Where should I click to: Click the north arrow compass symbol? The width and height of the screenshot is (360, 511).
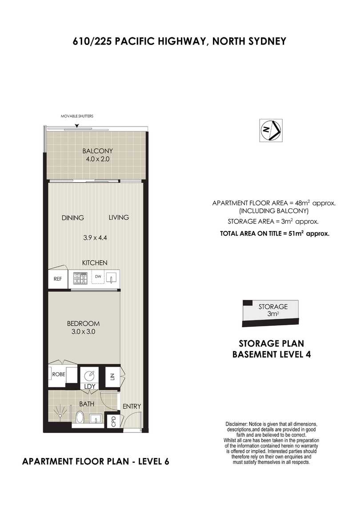[271, 130]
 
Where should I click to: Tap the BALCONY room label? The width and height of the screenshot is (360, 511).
[97, 151]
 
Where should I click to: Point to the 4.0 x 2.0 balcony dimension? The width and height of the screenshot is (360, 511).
[97, 160]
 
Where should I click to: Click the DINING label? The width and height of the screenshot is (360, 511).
[73, 218]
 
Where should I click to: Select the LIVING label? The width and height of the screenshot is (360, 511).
[119, 217]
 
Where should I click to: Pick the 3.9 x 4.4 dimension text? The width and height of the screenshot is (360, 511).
[95, 238]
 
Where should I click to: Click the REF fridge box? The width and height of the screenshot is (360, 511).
[58, 279]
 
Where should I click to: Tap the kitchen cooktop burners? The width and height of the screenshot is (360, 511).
[80, 279]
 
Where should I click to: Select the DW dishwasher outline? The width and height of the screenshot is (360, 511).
[98, 277]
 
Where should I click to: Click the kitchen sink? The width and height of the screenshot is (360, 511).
[111, 279]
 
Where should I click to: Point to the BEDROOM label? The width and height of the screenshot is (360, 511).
[83, 323]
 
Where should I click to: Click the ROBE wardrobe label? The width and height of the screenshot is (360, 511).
[59, 375]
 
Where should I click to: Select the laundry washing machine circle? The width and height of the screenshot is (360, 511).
[89, 376]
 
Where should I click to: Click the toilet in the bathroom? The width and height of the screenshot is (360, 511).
[80, 417]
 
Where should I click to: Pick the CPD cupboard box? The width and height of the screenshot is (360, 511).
[113, 421]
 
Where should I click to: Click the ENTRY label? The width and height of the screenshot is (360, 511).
[132, 407]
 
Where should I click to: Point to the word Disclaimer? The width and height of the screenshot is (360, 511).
[236, 424]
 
